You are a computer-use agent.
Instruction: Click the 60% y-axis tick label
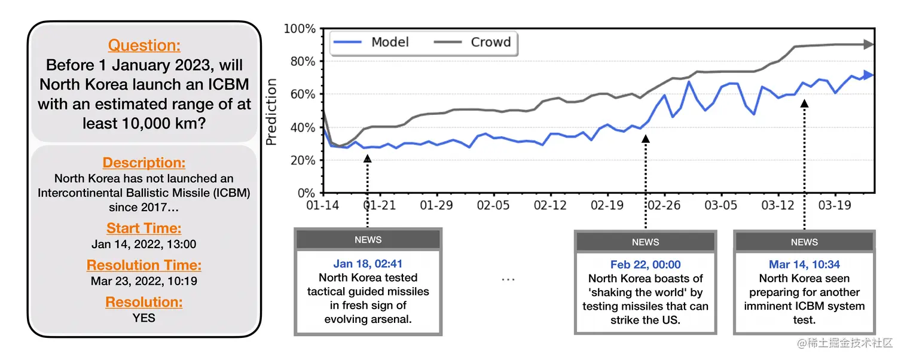303,94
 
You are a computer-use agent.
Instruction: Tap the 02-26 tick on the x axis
664,206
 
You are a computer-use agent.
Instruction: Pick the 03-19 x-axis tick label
835,206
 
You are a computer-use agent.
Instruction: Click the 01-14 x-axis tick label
323,206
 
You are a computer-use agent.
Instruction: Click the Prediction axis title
272,112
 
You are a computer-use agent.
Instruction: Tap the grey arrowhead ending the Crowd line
869,44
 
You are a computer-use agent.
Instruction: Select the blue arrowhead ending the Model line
869,75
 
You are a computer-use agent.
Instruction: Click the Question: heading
144,45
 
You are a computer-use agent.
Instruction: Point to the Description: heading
144,163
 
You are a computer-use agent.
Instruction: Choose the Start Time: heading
144,228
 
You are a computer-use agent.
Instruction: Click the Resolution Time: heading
144,266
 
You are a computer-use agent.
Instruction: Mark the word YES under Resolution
144,318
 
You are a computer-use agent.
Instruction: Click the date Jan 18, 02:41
368,264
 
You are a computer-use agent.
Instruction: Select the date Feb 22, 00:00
645,264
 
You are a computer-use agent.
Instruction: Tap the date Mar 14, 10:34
804,264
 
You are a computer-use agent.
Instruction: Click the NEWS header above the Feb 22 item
645,242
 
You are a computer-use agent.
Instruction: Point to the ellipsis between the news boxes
508,279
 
